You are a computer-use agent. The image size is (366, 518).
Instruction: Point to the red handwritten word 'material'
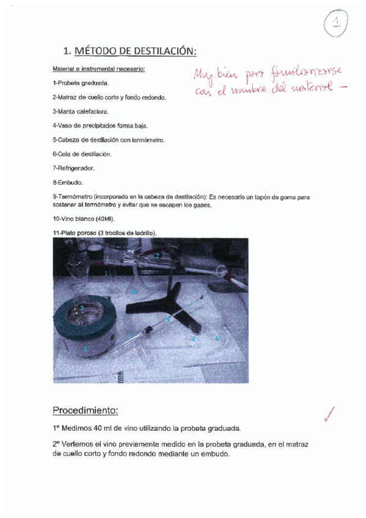pyautogui.click(x=310, y=90)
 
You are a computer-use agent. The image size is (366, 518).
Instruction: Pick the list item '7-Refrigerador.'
pyautogui.click(x=73, y=167)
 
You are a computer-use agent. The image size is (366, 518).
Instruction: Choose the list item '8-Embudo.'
pyautogui.click(x=68, y=182)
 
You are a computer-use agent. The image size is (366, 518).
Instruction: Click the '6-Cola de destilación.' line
pyautogui.click(x=82, y=153)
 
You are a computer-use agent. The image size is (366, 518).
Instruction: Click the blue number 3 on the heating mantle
pyautogui.click(x=85, y=348)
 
